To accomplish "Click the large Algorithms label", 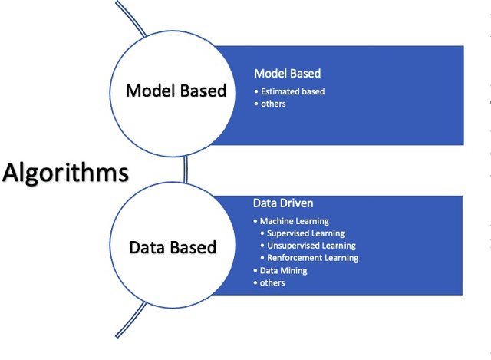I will [x=65, y=173].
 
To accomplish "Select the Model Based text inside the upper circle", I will [x=176, y=91].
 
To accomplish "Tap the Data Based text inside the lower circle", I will [x=173, y=247].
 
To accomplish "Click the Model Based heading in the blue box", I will [x=287, y=74].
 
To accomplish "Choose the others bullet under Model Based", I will [x=273, y=104].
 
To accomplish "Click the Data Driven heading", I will [x=284, y=204].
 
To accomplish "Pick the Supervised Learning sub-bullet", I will [x=306, y=233].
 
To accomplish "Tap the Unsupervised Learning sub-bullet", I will [x=311, y=246].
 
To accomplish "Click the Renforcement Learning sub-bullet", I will [x=312, y=258].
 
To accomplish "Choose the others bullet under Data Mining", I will [x=272, y=282].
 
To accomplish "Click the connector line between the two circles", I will [x=185, y=167].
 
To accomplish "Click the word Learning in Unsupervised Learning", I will [x=338, y=246].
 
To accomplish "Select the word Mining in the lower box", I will [x=295, y=270].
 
